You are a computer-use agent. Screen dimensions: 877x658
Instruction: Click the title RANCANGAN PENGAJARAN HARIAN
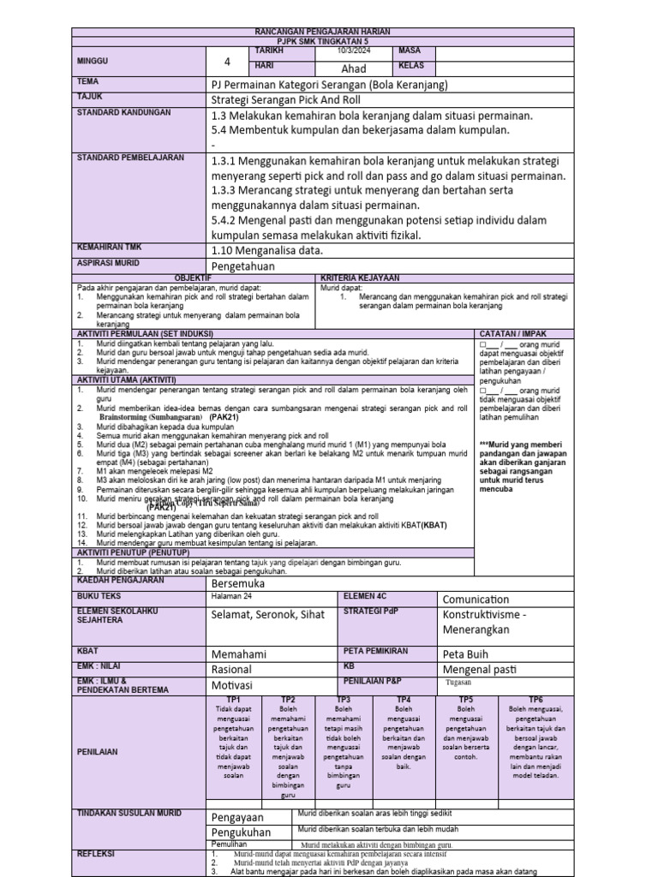(322, 32)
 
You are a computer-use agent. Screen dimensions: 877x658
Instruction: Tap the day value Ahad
(353, 68)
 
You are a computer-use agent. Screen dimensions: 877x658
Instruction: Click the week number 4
(228, 61)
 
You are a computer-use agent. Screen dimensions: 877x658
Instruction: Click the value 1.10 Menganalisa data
(266, 250)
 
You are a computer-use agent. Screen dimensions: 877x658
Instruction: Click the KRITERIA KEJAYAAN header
(359, 279)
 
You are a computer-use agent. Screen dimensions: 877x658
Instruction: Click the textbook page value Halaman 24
(232, 597)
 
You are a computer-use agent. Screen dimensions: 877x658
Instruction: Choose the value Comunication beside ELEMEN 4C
(476, 599)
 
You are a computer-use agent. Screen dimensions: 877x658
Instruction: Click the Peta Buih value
(469, 653)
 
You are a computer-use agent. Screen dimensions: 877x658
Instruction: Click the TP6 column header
(535, 699)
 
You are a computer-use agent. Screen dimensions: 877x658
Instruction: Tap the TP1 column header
(233, 699)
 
